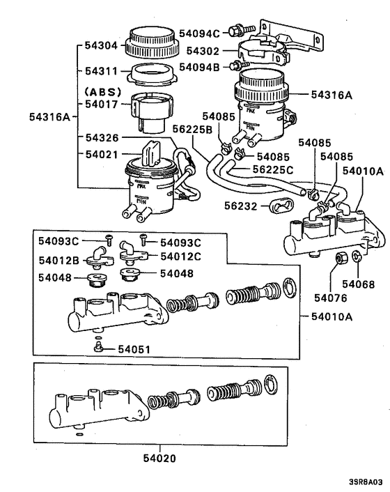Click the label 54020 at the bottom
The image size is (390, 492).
coord(160,458)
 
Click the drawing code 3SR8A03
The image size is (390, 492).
coord(366,482)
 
